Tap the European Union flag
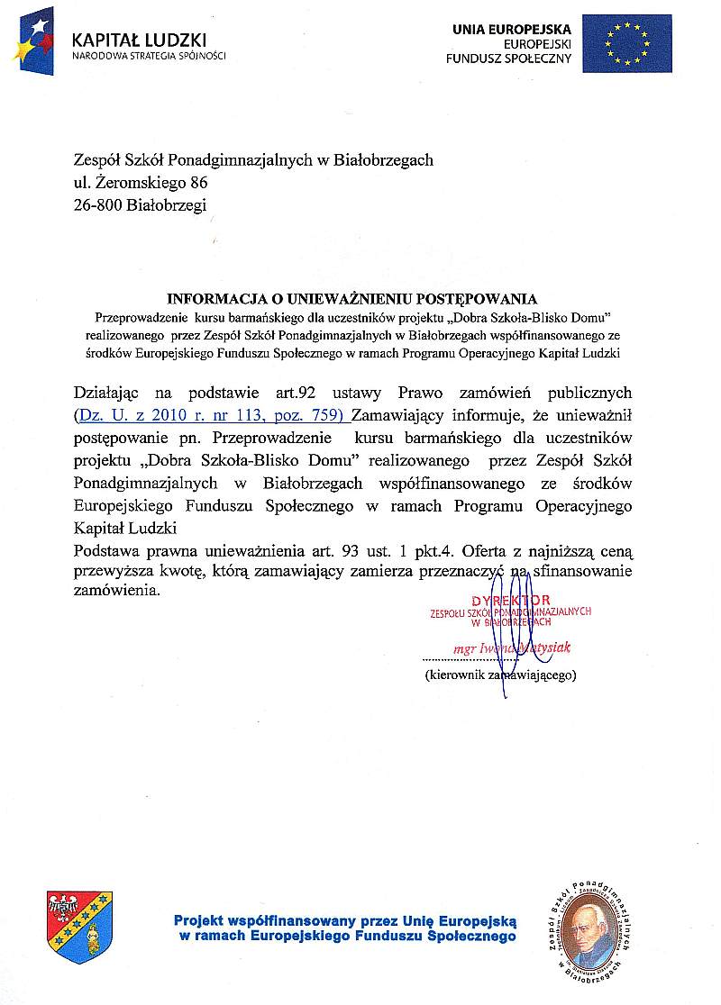point(626,43)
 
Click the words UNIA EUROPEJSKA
point(512,29)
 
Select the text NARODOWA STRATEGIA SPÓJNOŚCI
point(149,56)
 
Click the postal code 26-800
point(102,205)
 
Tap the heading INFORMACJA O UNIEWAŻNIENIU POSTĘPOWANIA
point(352,299)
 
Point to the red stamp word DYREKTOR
point(510,600)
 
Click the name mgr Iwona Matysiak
point(511,647)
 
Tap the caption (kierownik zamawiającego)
point(500,674)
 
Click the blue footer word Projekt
point(199,921)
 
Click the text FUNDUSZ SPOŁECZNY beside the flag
point(509,58)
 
